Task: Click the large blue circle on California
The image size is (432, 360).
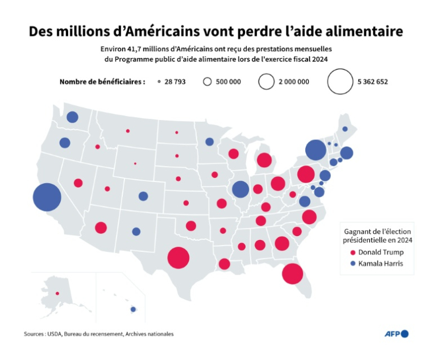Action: [x=47, y=197]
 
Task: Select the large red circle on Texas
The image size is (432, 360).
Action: [x=178, y=258]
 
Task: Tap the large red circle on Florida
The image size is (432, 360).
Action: [x=292, y=274]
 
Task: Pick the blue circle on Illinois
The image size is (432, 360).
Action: [x=240, y=189]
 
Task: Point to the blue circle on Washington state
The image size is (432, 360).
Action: [x=72, y=117]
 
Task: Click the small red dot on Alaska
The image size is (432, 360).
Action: [x=56, y=293]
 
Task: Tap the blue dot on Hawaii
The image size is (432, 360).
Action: [x=133, y=309]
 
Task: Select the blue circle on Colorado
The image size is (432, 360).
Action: [x=143, y=196]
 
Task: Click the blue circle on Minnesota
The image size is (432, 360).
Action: [x=209, y=142]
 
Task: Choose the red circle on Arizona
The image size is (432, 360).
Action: [x=101, y=227]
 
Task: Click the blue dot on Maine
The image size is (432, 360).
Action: [x=344, y=129]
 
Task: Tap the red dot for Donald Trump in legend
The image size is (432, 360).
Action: [x=352, y=252]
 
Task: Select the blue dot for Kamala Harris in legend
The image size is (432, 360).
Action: [x=352, y=263]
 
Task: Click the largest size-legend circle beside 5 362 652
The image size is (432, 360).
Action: [x=340, y=81]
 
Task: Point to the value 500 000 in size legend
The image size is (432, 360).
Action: [x=229, y=82]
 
